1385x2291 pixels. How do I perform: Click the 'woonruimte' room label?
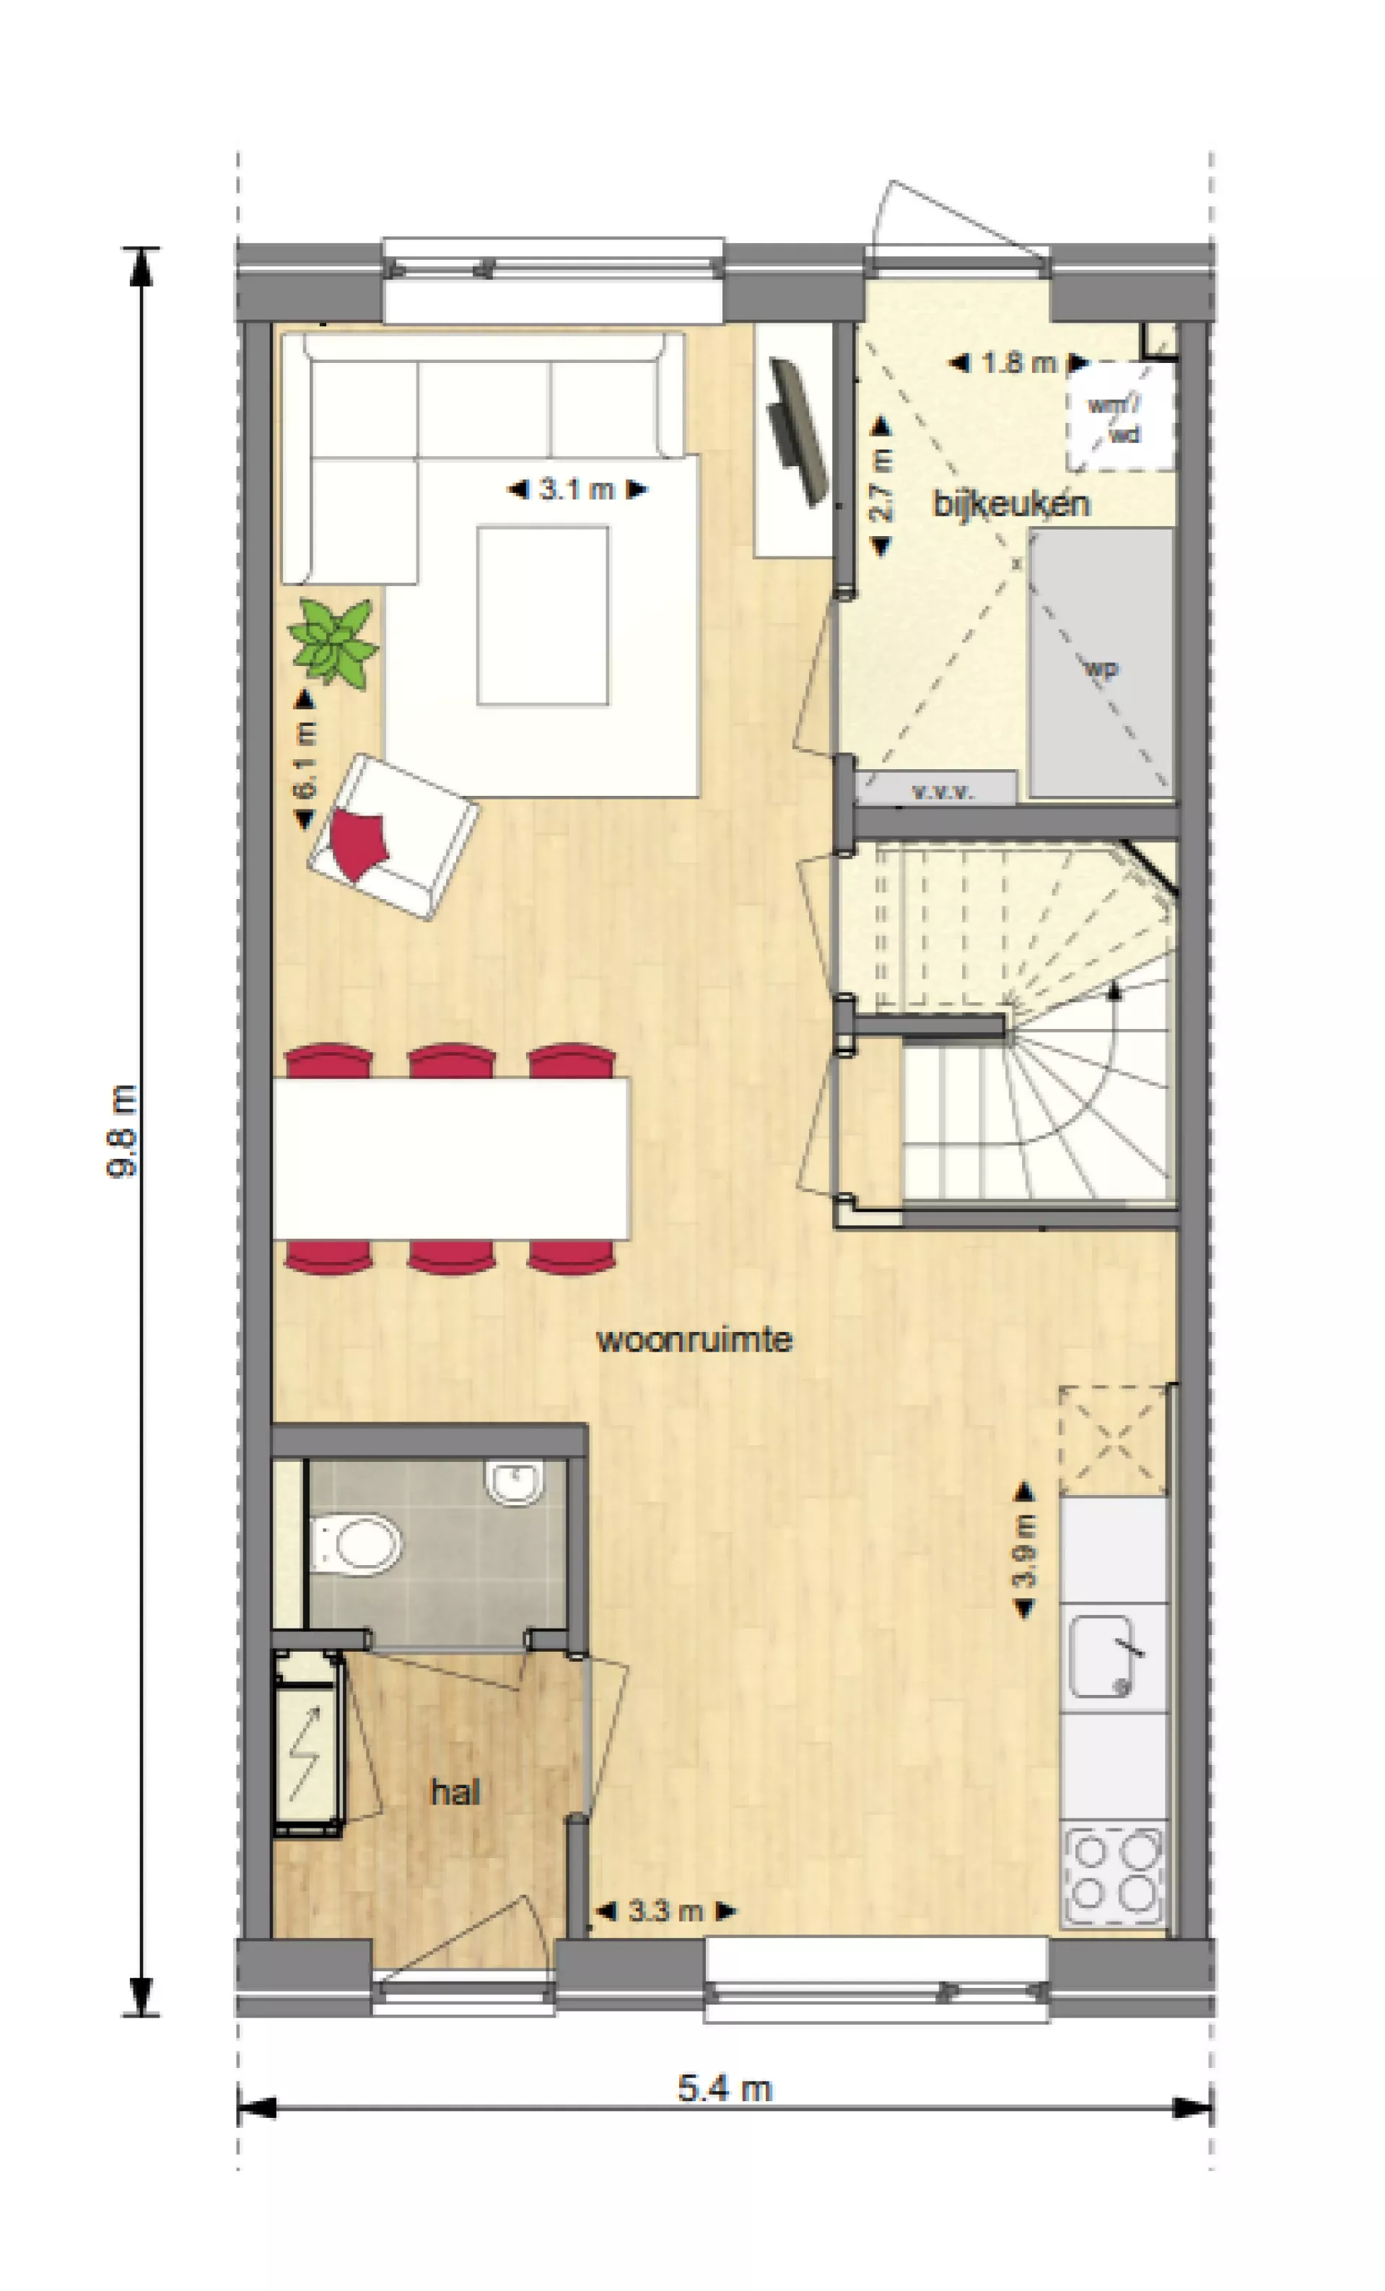pyautogui.click(x=694, y=1340)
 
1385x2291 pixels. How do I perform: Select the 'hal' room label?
pyautogui.click(x=455, y=1792)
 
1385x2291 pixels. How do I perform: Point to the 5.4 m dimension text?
pyautogui.click(x=725, y=2089)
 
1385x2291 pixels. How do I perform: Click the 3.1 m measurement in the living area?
pyautogui.click(x=577, y=489)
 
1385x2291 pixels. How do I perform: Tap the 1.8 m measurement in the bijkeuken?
pyautogui.click(x=1018, y=363)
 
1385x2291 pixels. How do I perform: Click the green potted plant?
pyautogui.click(x=333, y=641)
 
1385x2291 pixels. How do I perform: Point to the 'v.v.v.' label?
pyautogui.click(x=943, y=793)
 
